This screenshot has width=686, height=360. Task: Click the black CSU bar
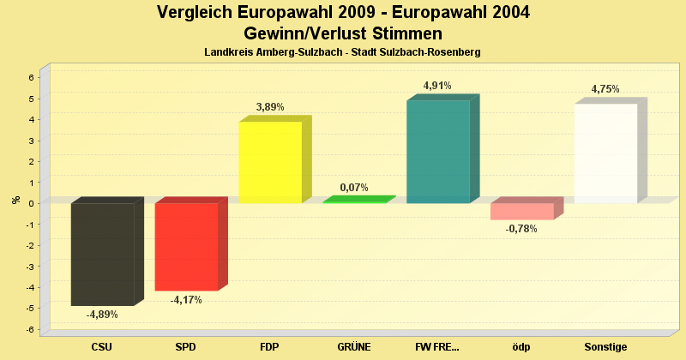102,254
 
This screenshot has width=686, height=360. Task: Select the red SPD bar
186,247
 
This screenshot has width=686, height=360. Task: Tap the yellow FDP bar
270,162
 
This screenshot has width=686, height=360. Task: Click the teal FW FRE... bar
437,152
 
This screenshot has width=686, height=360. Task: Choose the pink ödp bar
521,211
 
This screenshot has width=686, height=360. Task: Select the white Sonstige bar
605,153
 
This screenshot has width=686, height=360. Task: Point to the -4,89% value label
102,315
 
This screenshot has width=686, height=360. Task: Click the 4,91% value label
437,86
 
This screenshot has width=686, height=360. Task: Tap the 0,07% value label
354,187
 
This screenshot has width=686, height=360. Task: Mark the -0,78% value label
521,229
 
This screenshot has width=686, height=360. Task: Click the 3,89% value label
270,107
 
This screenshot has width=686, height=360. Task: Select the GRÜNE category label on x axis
354,347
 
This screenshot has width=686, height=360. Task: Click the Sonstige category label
605,347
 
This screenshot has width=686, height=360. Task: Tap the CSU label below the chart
102,347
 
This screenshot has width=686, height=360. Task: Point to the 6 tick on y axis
31,77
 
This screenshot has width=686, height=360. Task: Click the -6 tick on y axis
29,330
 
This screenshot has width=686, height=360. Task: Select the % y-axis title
15,200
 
